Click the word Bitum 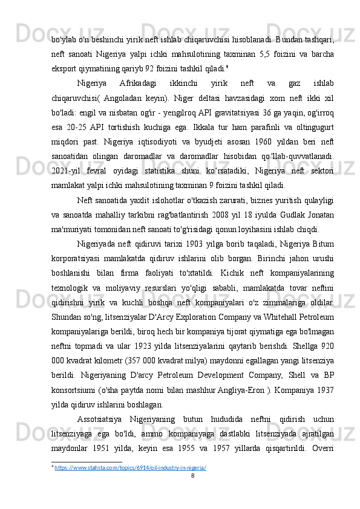pyautogui.click(x=321, y=243)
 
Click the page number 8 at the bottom pyautogui.click(x=192, y=476)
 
